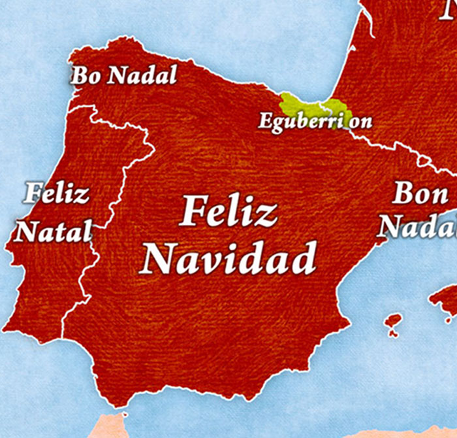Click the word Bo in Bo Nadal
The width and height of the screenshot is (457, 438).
pos(86,75)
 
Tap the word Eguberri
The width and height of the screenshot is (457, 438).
pos(295,122)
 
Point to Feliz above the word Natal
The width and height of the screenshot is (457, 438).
pos(57,194)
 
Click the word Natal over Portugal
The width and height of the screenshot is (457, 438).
pos(54,231)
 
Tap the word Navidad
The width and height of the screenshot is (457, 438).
pos(229,258)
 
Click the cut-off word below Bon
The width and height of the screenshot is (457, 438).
pos(418,226)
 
